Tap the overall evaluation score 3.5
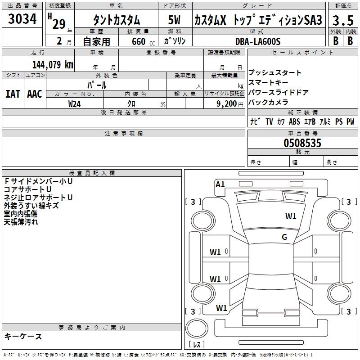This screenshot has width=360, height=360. click(x=342, y=20)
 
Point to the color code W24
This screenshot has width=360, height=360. click(x=75, y=103)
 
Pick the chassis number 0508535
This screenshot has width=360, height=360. click(x=302, y=143)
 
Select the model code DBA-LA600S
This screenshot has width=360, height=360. click(x=258, y=41)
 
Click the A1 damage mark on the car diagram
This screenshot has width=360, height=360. click(x=220, y=184)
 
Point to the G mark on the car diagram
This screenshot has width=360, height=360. click(x=284, y=237)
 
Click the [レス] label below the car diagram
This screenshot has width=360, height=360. click(x=196, y=345)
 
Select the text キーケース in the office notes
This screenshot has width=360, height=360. click(x=23, y=336)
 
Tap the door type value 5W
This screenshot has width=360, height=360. click(x=174, y=20)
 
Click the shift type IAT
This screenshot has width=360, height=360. click(x=13, y=94)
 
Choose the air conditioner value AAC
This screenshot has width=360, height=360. click(x=35, y=94)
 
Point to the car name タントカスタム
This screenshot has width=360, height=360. click(x=116, y=20)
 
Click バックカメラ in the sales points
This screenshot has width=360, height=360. click(x=268, y=102)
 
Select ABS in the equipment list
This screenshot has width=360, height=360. click(x=294, y=121)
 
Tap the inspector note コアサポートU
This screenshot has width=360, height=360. click(x=27, y=189)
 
